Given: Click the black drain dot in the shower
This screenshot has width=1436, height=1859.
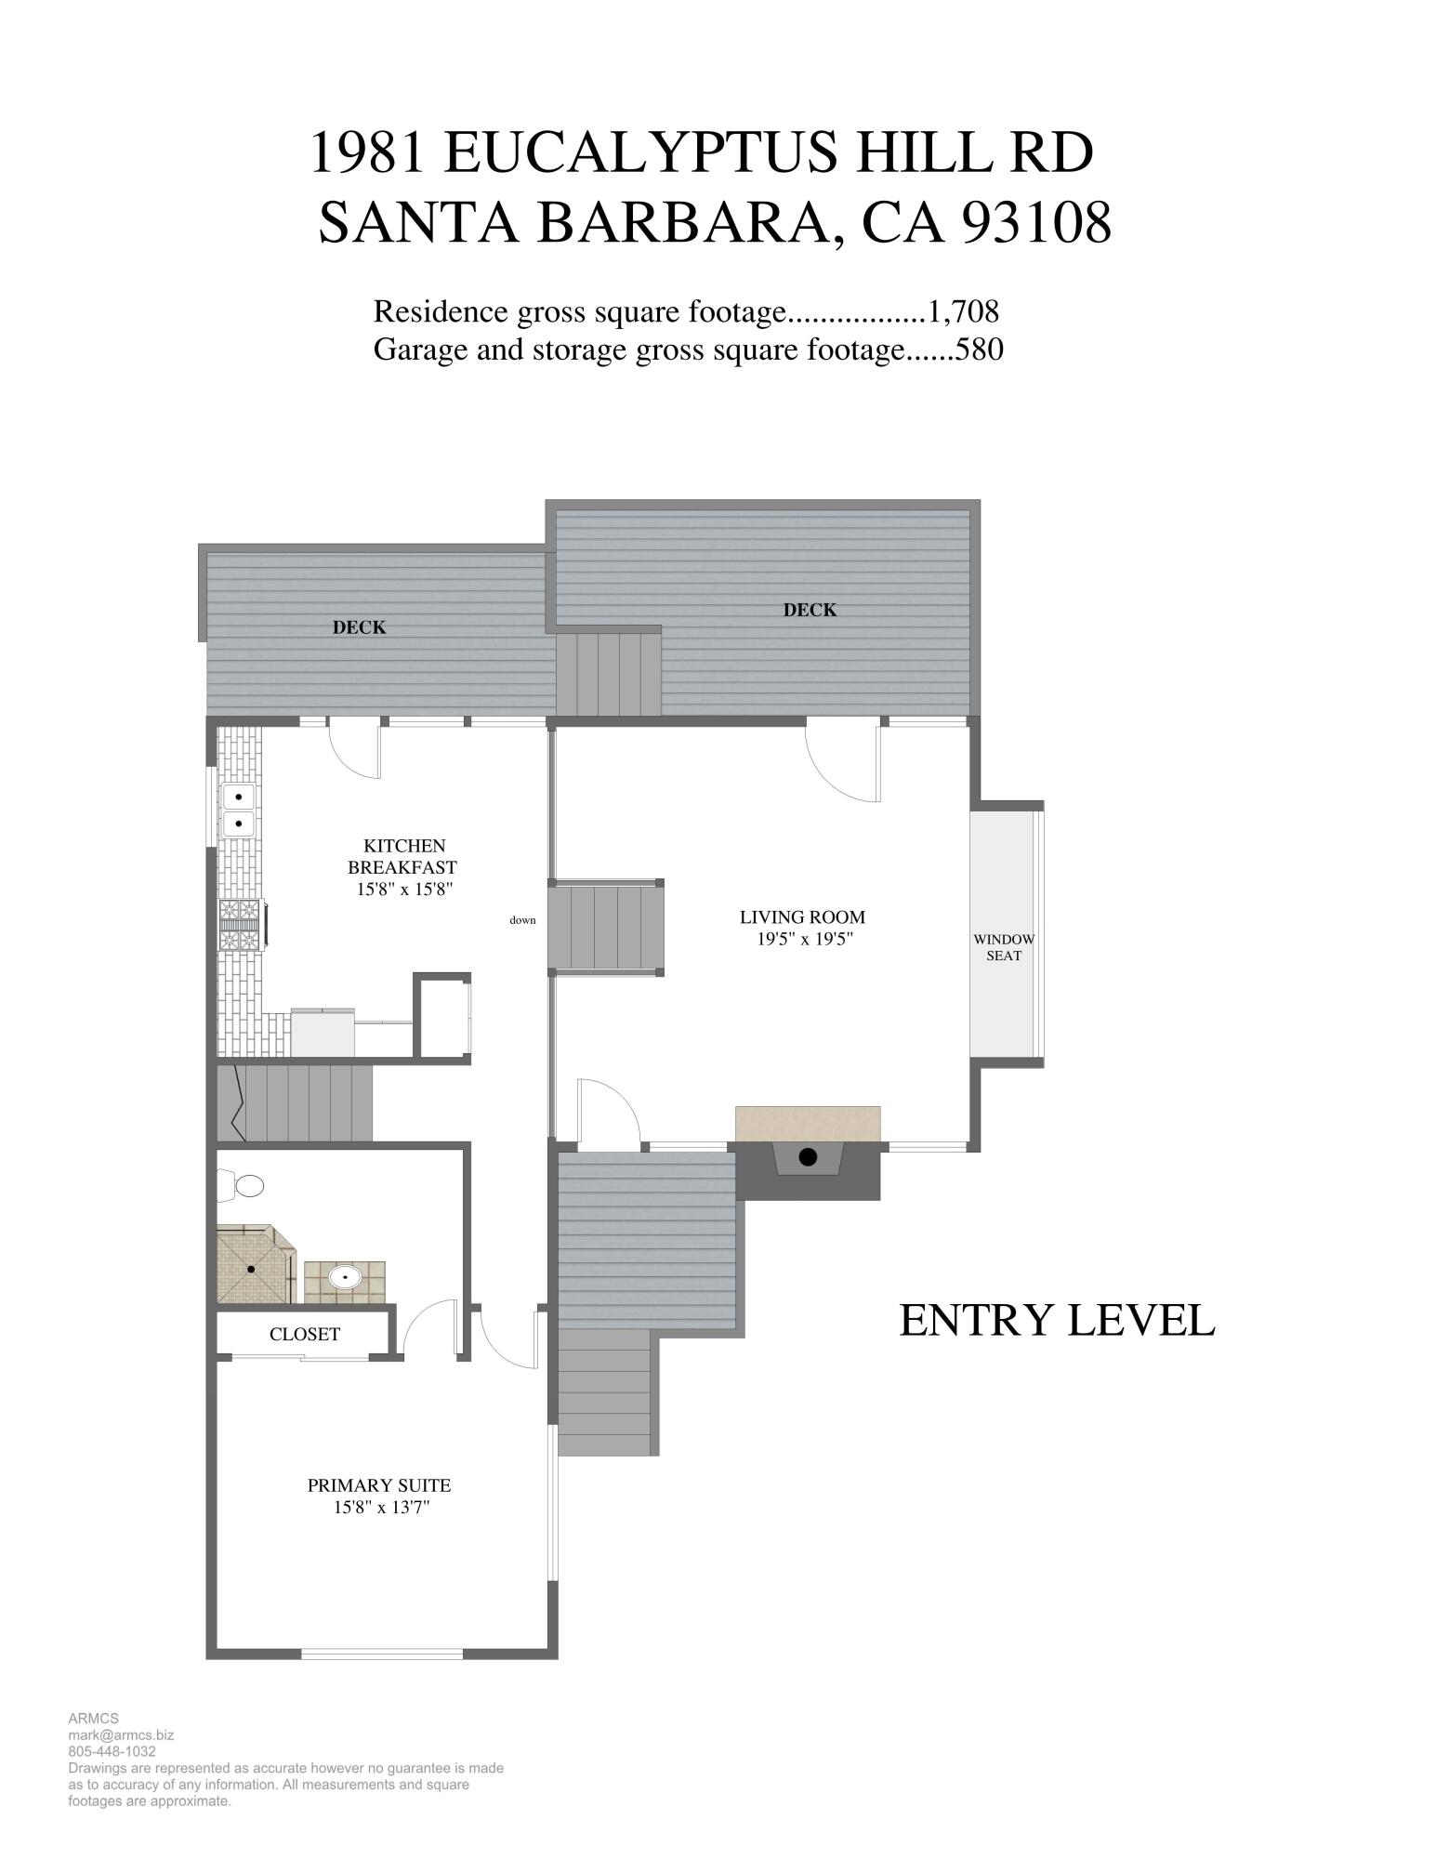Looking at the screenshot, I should pos(251,1269).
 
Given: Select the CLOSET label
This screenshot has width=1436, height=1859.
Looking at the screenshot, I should pos(305,1334).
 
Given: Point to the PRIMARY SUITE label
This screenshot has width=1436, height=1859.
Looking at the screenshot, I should pos(379,1485).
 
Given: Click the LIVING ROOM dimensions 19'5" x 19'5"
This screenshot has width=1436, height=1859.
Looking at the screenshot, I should pos(805,939).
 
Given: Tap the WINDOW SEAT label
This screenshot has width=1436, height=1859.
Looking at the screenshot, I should pos(1004,947).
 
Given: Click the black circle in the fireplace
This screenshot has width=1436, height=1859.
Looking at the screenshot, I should pos(808,1157).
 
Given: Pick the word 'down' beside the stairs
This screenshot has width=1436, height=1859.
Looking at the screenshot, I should pos(522,920).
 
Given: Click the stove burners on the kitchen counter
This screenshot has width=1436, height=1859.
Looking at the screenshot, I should pos(241,926).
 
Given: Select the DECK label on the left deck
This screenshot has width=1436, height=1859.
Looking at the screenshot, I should pos(359,627).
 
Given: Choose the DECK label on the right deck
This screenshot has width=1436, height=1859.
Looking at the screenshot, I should pos(810,610).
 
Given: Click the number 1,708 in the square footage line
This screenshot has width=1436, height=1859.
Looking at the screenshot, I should pos(963,311).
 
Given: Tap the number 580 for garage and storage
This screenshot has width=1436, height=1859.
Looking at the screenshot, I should pos(980,350).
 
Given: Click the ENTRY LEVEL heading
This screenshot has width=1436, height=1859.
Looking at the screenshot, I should pos(1057,1321).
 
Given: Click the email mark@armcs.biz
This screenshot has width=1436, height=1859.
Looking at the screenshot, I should pos(121,1734).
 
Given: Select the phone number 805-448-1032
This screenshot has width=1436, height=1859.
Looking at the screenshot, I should pos(112,1751).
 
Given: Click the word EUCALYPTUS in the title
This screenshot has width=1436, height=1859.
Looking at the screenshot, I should pos(641,152).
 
